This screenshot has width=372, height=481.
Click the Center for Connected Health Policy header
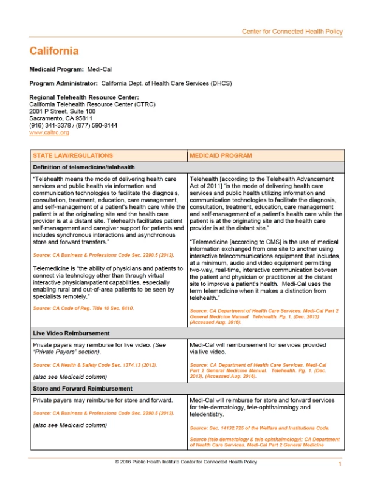click(292, 31)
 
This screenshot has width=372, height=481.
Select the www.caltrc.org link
click(49, 132)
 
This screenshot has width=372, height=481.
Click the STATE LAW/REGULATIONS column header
click(72, 155)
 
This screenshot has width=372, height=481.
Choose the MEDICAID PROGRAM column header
click(219, 155)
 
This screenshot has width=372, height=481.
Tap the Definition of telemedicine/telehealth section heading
click(84, 167)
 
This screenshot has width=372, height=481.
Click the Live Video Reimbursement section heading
click(72, 333)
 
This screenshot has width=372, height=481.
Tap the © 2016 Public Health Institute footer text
click(185, 462)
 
